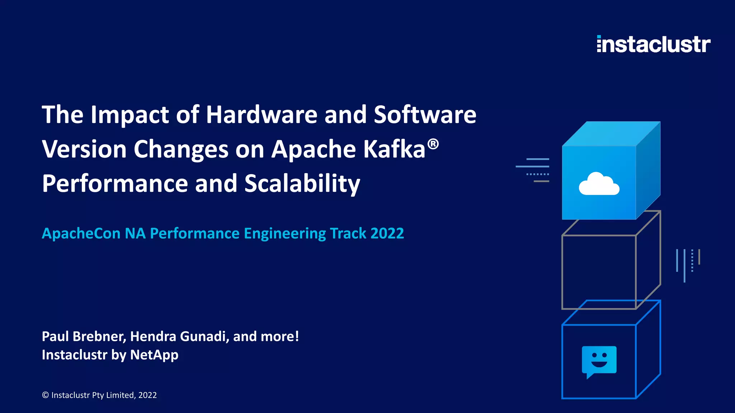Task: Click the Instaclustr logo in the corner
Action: [653, 44]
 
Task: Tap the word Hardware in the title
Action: [262, 115]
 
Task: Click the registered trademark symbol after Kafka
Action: [433, 144]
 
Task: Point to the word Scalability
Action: [302, 184]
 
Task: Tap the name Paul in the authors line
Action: [55, 336]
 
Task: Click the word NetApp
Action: [154, 355]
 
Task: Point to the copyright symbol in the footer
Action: [46, 395]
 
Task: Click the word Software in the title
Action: [425, 115]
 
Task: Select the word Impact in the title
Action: [130, 115]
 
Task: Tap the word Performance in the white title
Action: [115, 184]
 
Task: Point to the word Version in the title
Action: [84, 149]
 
